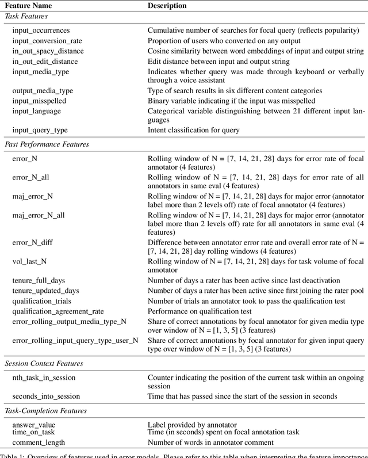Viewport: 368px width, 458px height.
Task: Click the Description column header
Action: point(167,6)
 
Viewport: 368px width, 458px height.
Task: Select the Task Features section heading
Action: point(26,17)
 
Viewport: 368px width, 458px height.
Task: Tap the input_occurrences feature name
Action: point(41,30)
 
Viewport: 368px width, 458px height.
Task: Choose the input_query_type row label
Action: point(40,130)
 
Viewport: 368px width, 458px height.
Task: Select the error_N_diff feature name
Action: point(32,243)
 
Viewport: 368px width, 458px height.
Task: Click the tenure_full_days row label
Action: point(39,280)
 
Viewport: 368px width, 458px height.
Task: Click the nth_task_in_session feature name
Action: point(44,377)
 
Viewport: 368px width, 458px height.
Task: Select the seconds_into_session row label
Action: point(46,396)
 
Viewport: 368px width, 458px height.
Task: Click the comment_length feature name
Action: point(38,442)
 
